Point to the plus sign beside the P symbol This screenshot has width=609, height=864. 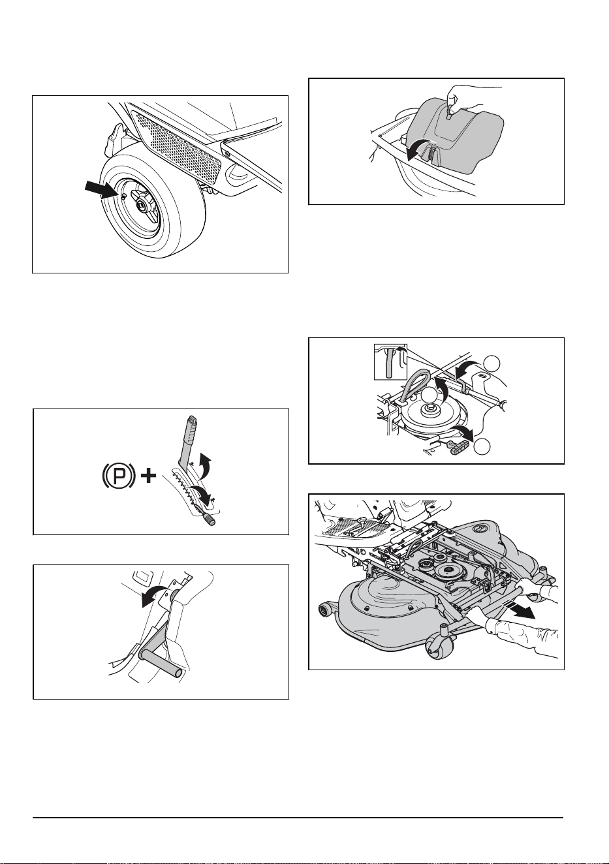coord(149,478)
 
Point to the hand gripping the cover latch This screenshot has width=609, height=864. coord(464,101)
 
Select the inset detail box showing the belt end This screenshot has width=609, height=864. coord(390,362)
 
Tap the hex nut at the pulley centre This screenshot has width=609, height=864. coord(428,409)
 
